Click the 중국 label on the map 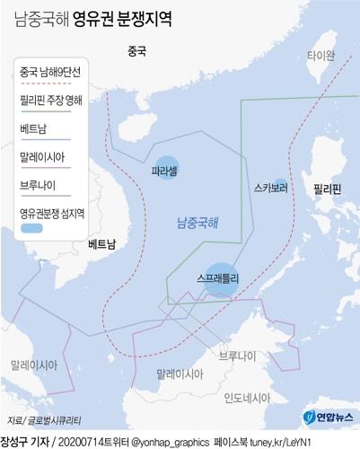pyautogui.click(x=137, y=51)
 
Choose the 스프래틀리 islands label pyautogui.click(x=218, y=279)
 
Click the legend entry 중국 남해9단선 pyautogui.click(x=50, y=73)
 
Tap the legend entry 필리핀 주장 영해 pyautogui.click(x=51, y=101)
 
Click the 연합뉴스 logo pyautogui.click(x=333, y=416)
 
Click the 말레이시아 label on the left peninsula pyautogui.click(x=34, y=365)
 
